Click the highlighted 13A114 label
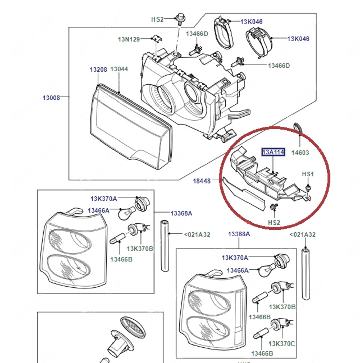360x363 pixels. [273, 152]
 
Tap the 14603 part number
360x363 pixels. [300, 153]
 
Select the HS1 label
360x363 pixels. [308, 174]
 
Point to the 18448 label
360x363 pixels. [201, 181]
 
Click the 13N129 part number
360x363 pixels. [129, 39]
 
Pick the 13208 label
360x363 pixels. [98, 70]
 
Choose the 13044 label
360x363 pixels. [119, 69]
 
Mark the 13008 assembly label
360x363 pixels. [51, 98]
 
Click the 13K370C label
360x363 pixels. [282, 344]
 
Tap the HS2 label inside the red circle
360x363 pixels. [274, 222]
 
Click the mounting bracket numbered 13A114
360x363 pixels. [265, 175]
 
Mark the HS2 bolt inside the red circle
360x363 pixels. [273, 207]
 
